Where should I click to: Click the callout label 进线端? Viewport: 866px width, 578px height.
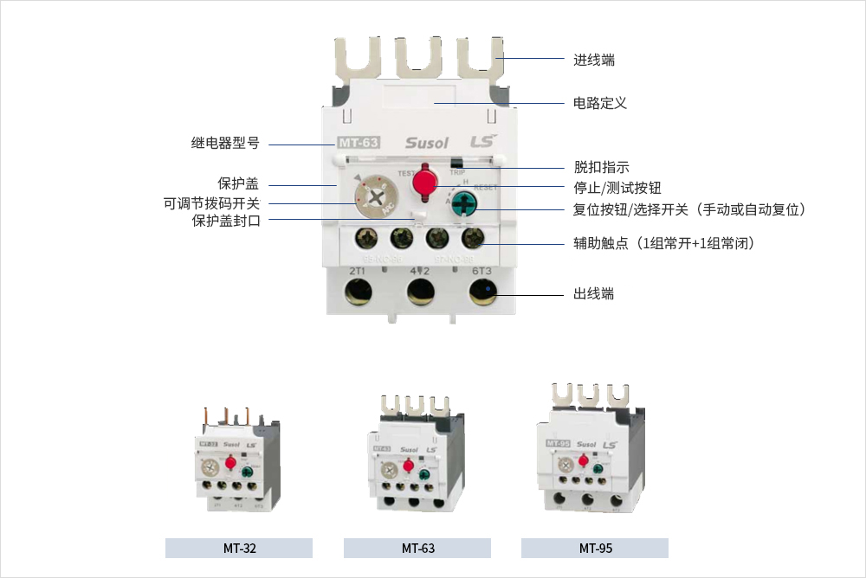pos(594,60)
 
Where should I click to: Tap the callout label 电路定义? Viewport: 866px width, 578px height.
pos(600,103)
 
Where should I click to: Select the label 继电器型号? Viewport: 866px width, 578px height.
pos(225,144)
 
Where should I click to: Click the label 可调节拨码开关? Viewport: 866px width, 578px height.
pos(211,204)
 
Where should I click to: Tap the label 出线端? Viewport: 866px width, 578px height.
pos(594,294)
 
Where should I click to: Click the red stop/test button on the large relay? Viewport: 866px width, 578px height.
pos(425,182)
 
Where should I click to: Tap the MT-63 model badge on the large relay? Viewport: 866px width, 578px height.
pos(357,143)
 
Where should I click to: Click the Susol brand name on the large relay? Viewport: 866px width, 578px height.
pos(426,143)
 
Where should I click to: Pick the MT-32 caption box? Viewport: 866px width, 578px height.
pos(238,548)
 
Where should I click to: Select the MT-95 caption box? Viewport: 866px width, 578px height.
pos(594,548)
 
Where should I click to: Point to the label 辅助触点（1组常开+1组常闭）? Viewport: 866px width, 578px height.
pos(664,244)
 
